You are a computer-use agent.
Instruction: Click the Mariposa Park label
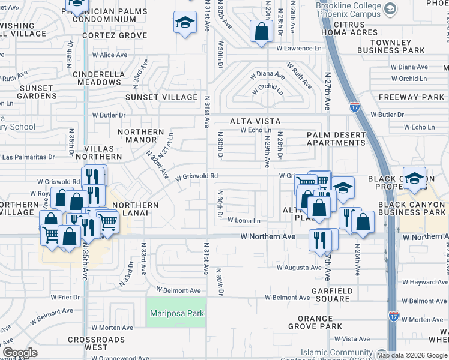[176, 313]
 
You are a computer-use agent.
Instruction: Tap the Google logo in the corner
[20, 353]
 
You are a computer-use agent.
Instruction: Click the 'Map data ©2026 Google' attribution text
[412, 355]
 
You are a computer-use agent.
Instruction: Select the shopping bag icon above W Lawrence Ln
[261, 31]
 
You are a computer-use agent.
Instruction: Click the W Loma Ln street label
[244, 220]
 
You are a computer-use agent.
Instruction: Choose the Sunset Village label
[161, 97]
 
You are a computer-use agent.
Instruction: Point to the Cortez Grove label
[115, 35]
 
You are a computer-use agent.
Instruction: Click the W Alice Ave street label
[109, 55]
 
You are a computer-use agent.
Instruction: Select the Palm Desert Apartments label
[336, 139]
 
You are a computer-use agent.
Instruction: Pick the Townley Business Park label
[392, 46]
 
